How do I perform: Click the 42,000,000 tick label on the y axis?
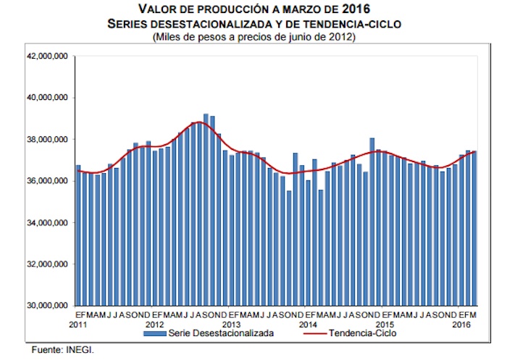(46, 56)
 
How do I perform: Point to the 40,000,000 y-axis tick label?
(46, 97)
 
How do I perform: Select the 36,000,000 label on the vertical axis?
(46, 180)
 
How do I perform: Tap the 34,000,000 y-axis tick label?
(46, 222)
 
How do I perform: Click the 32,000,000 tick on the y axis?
(46, 264)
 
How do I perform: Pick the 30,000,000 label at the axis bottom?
(46, 305)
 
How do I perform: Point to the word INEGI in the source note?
(80, 350)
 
